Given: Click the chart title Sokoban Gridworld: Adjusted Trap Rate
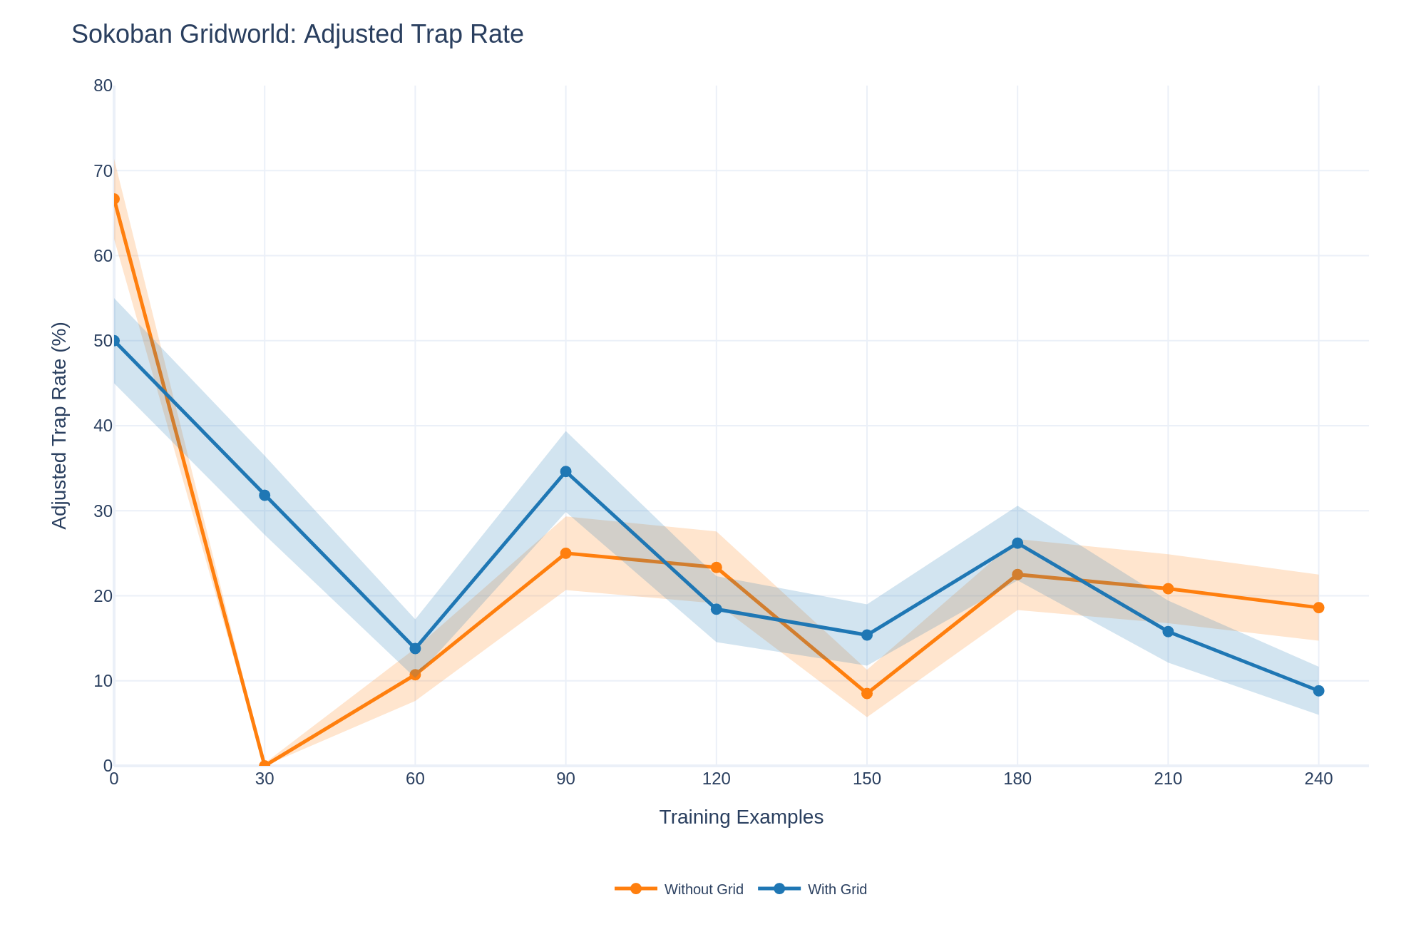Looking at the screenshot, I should (297, 35).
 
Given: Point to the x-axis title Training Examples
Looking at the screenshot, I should (741, 817).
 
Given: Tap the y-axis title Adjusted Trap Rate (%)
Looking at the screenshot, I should (60, 425).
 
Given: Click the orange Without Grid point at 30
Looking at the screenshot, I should (265, 765).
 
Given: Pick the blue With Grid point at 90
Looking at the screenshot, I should (565, 471).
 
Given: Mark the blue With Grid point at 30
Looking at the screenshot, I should (265, 495).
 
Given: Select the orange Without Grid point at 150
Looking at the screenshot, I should (867, 693).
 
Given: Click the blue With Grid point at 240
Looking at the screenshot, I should (1318, 691).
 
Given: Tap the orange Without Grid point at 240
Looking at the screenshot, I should (1318, 608).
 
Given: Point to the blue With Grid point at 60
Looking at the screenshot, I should (415, 648).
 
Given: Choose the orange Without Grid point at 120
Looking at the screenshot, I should (717, 568).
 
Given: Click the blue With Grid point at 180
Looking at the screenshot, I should (1017, 543).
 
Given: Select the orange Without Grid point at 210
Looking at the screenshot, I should (1168, 588).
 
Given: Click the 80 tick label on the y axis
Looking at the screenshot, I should (103, 86).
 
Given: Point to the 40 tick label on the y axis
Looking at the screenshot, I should (103, 426).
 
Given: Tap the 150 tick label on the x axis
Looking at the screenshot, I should (867, 779).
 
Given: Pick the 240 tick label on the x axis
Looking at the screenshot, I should (1318, 779).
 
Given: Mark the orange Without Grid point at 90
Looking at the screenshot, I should (565, 553).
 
